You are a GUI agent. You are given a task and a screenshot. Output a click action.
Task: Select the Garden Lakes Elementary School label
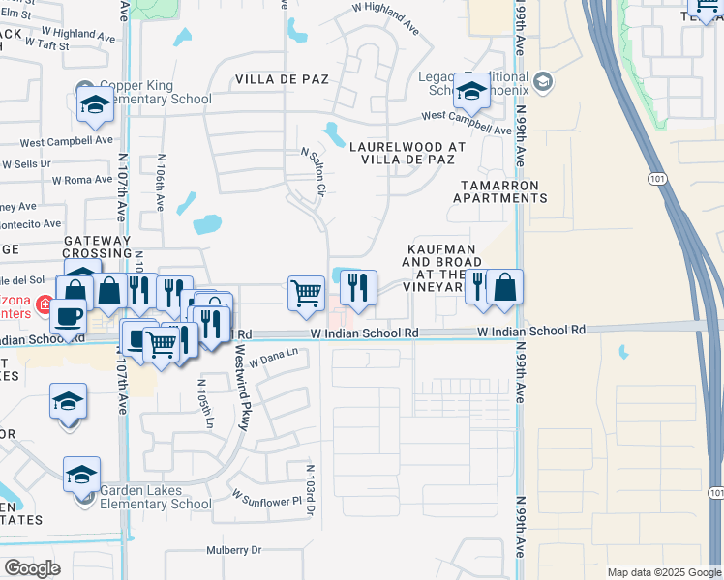tap(155, 497)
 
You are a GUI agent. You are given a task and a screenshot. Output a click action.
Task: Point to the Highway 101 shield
tap(658, 179)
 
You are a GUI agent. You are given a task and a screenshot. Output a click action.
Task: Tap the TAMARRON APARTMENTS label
tap(499, 191)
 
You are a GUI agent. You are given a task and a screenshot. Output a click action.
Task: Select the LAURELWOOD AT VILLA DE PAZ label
tap(401, 153)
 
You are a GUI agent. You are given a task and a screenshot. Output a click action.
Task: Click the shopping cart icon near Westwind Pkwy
tap(306, 291)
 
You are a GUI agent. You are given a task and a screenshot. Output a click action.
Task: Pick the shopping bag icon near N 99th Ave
tap(504, 287)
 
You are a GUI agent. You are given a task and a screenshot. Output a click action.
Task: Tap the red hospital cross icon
tap(44, 306)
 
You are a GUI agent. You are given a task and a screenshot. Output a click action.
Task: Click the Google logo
tap(32, 567)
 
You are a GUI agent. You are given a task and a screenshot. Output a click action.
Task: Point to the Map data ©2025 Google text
tap(664, 572)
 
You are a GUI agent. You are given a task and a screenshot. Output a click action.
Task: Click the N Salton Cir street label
tap(311, 171)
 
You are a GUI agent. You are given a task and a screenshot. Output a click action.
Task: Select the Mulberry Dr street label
tap(233, 551)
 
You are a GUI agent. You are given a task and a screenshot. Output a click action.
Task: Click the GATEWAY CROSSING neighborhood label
tap(97, 246)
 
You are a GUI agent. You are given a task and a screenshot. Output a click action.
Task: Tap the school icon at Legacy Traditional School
tap(472, 92)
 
